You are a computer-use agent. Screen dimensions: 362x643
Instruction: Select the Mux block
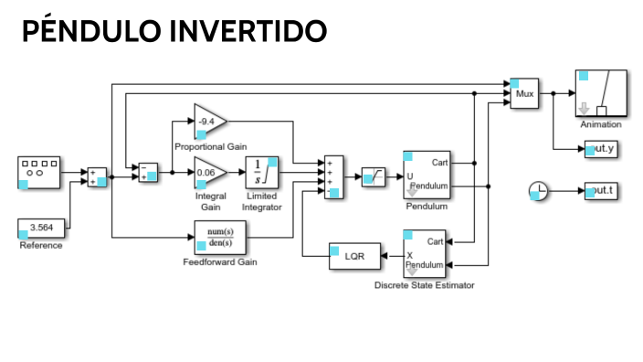pyautogui.click(x=524, y=93)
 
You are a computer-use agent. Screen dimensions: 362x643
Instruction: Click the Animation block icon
pyautogui.click(x=600, y=93)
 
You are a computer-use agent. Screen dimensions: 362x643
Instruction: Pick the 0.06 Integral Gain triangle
pyautogui.click(x=208, y=173)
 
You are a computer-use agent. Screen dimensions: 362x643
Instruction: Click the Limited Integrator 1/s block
pyautogui.click(x=260, y=173)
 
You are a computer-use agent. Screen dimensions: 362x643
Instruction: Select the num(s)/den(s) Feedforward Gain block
pyautogui.click(x=220, y=238)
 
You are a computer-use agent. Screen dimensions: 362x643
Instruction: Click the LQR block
pyautogui.click(x=353, y=257)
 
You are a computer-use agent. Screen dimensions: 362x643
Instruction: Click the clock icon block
pyautogui.click(x=540, y=191)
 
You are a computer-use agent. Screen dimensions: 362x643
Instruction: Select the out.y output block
pyautogui.click(x=601, y=148)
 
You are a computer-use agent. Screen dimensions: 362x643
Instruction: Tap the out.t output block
pyautogui.click(x=601, y=191)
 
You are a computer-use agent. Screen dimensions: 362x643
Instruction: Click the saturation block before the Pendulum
pyautogui.click(x=373, y=173)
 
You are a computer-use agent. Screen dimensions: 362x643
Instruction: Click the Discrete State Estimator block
pyautogui.click(x=426, y=254)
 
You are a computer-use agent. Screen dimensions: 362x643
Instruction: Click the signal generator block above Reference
pyautogui.click(x=40, y=172)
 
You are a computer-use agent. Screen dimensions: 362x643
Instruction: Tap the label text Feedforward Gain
pyautogui.click(x=220, y=262)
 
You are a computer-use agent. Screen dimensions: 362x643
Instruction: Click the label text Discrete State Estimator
pyautogui.click(x=425, y=285)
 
